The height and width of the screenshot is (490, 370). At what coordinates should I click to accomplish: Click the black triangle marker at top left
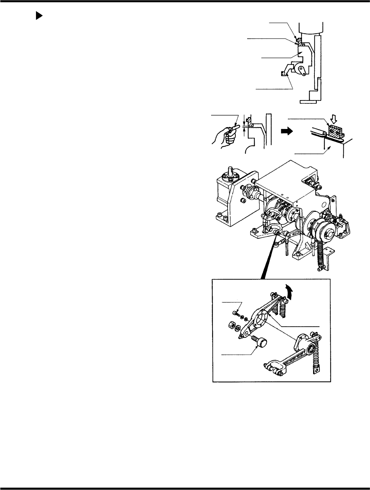(x=39, y=16)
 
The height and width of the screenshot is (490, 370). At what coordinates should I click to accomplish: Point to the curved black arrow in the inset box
(x=288, y=290)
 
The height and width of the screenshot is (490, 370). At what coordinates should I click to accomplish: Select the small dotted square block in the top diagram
(x=284, y=73)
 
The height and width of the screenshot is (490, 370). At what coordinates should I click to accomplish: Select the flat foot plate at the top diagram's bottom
(x=308, y=101)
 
